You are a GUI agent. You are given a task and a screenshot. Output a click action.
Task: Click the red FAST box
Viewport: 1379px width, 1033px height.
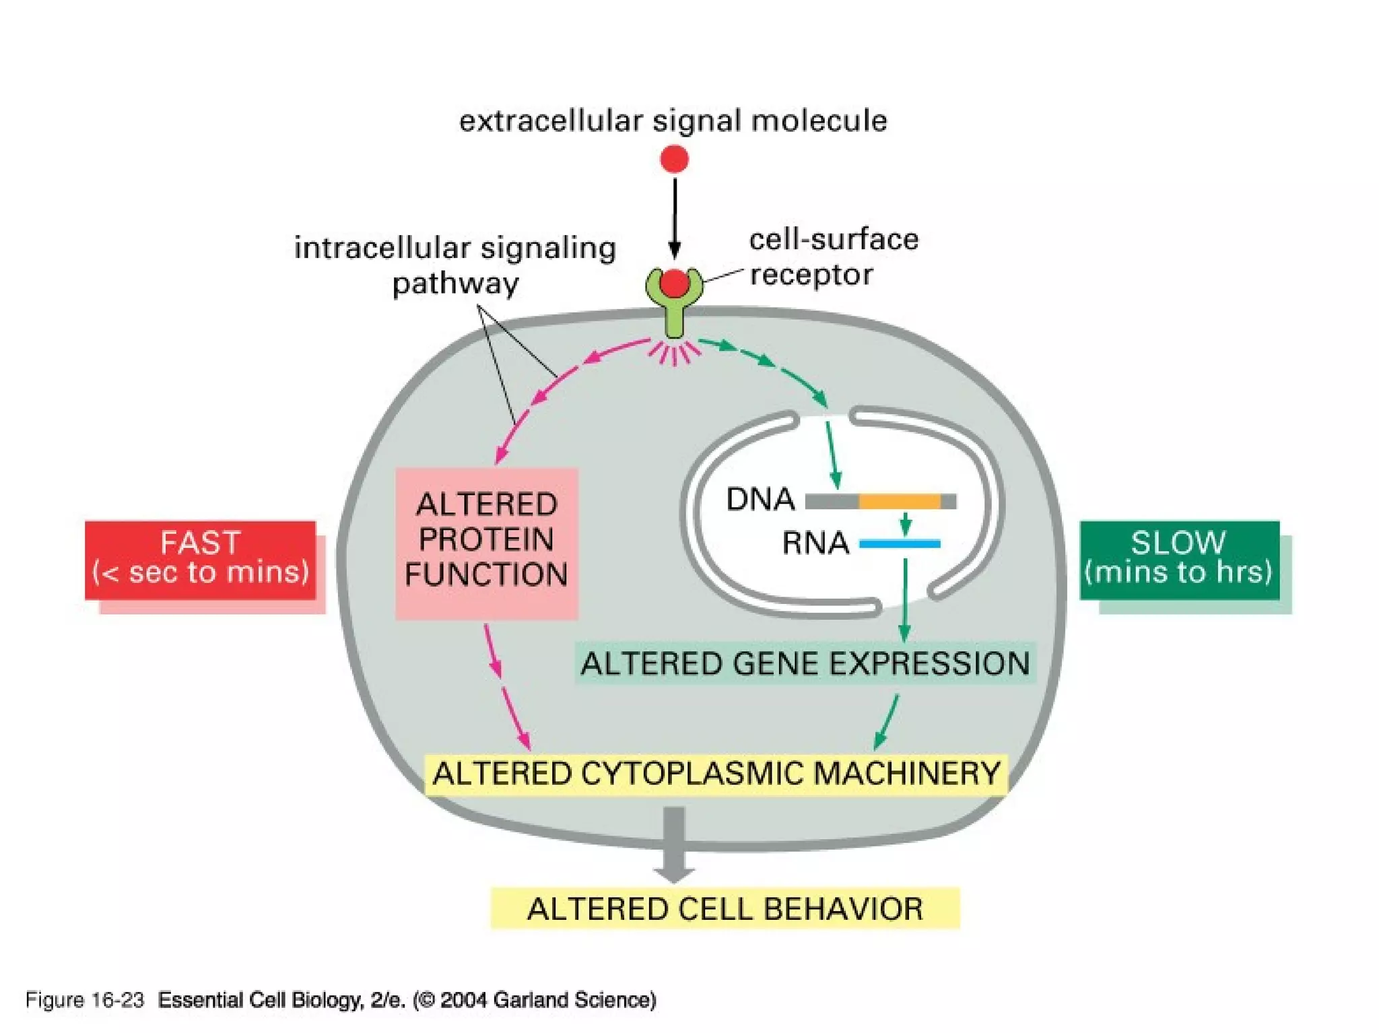click(x=200, y=559)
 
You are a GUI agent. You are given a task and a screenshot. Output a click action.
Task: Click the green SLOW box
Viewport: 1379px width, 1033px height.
click(x=1179, y=559)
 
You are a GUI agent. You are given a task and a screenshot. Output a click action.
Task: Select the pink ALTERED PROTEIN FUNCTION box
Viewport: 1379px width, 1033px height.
click(x=486, y=542)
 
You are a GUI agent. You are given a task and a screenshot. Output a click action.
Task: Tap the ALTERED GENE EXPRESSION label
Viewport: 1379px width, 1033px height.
click(x=805, y=663)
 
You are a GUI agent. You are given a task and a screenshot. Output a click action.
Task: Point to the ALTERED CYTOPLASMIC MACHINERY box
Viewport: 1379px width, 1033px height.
click(x=716, y=773)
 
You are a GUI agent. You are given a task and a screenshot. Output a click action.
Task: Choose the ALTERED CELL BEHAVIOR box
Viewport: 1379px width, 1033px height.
click(x=725, y=908)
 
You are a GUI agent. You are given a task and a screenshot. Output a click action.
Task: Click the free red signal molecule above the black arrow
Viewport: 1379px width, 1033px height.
click(x=674, y=160)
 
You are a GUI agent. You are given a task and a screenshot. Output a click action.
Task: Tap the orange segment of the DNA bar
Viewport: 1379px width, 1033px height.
click(x=899, y=501)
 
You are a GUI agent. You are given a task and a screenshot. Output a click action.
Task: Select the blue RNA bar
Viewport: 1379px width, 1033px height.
click(x=900, y=543)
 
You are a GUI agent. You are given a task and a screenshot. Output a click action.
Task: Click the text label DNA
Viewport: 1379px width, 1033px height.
click(x=760, y=500)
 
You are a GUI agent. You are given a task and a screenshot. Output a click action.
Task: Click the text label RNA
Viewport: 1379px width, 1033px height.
click(x=815, y=543)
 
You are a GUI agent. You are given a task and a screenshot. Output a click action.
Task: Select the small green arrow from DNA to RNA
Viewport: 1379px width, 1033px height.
click(x=906, y=523)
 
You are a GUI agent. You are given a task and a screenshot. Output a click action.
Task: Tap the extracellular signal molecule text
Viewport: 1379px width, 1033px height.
click(x=673, y=121)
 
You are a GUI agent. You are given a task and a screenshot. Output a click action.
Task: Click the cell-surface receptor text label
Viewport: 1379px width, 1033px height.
click(x=833, y=257)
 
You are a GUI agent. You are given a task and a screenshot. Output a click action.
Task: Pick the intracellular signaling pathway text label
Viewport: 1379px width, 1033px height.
click(x=455, y=265)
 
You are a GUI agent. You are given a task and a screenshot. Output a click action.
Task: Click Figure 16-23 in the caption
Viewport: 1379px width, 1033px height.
click(x=85, y=1000)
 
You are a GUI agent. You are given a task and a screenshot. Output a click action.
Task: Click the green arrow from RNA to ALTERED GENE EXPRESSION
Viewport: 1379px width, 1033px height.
click(x=905, y=599)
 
